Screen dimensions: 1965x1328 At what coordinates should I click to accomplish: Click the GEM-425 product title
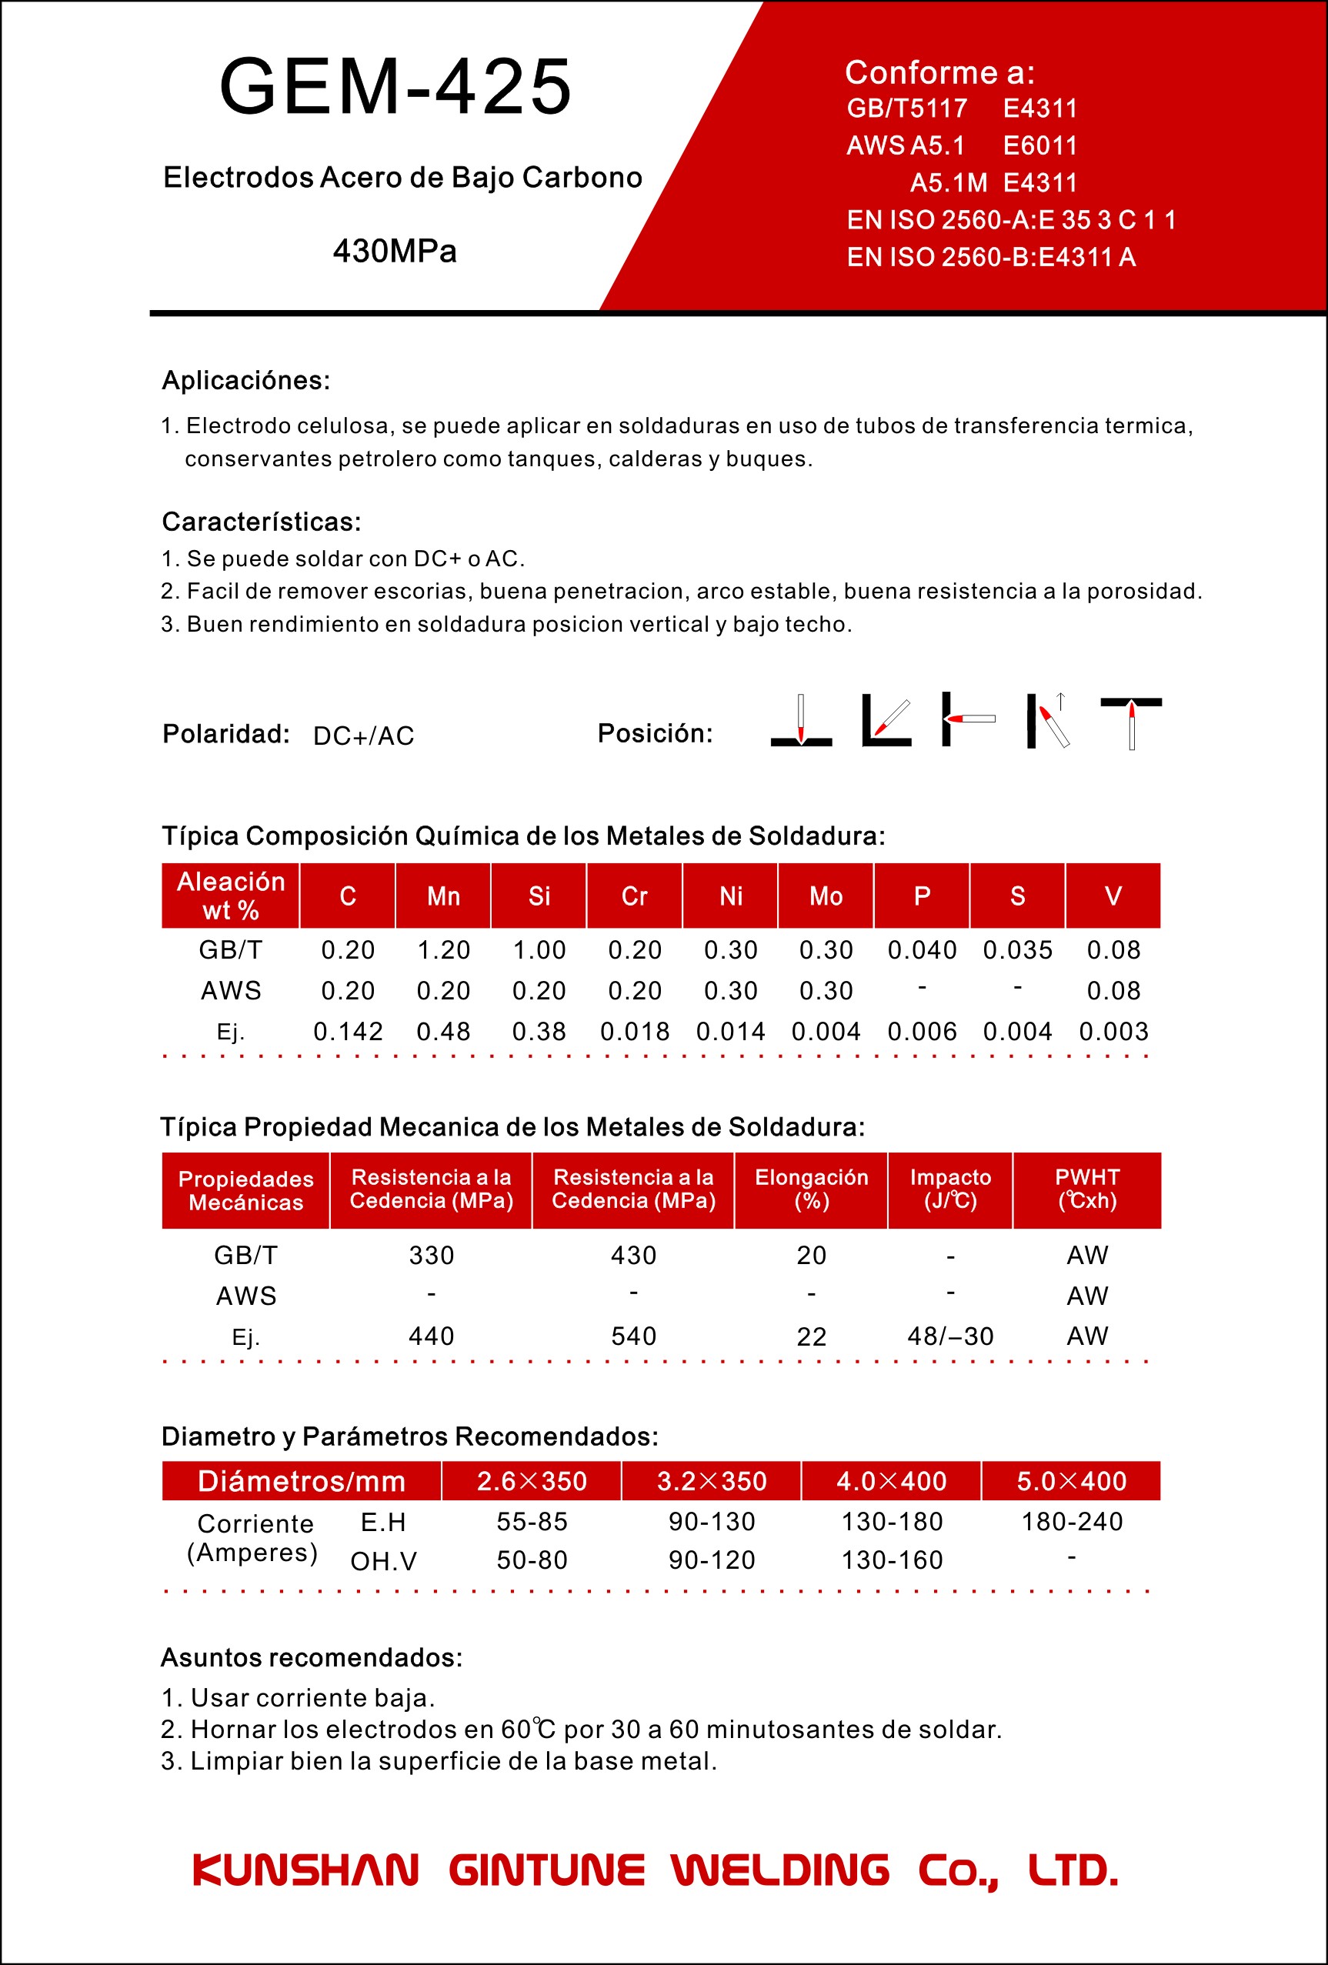tap(395, 86)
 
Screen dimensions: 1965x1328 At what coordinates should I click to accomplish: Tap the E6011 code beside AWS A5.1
tap(1039, 145)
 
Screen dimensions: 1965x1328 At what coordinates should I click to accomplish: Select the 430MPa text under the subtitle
tap(395, 251)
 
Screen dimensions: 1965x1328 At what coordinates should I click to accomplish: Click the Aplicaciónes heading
tap(246, 381)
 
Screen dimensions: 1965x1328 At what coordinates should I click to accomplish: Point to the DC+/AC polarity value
tap(363, 736)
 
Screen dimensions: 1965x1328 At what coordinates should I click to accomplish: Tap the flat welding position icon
tap(800, 720)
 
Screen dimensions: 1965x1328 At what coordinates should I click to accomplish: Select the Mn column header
tap(443, 896)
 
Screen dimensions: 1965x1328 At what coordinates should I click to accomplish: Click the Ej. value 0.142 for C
tap(348, 1032)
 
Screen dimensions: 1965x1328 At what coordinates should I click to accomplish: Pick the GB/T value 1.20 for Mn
tap(443, 950)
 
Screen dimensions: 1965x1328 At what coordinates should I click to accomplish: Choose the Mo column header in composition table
tap(826, 896)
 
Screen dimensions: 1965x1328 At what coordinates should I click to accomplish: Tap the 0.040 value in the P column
tap(922, 950)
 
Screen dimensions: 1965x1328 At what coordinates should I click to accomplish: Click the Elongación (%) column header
tap(811, 1189)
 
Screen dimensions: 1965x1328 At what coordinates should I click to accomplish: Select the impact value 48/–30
tap(950, 1336)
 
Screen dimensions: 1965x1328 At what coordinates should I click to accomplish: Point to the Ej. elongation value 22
tap(811, 1336)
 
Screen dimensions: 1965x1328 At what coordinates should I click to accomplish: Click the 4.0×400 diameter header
tap(891, 1480)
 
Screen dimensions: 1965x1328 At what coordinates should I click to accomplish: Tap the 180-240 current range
tap(1071, 1521)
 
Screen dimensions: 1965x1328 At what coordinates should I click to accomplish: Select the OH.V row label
tap(384, 1561)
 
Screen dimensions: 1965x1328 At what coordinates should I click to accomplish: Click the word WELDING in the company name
tap(780, 1870)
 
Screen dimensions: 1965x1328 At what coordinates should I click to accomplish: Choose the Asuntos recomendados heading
tap(312, 1657)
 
